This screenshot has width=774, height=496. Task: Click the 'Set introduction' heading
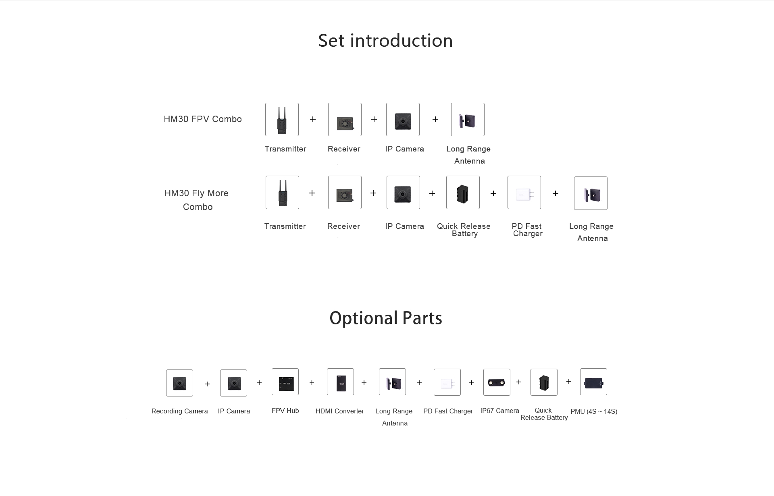(x=385, y=41)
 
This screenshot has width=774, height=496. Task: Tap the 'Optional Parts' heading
(x=386, y=318)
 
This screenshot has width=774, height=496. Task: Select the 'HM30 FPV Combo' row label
(x=203, y=119)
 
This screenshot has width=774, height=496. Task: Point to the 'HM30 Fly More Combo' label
(x=197, y=200)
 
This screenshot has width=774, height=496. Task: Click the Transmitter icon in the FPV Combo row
(x=282, y=119)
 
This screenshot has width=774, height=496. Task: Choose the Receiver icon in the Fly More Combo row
(x=345, y=193)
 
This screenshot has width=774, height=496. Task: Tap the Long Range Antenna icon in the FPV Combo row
(x=468, y=119)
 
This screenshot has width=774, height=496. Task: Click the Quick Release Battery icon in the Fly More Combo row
(x=463, y=193)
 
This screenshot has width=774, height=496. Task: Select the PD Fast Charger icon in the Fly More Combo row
(x=524, y=193)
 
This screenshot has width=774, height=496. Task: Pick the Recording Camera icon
(x=179, y=383)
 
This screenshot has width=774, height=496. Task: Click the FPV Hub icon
(x=285, y=382)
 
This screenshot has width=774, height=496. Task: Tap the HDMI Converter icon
(x=340, y=382)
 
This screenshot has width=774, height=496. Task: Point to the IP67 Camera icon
(x=497, y=382)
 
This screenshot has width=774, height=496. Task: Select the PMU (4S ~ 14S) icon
(x=593, y=382)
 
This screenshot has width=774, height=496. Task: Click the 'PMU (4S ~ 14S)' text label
(x=594, y=411)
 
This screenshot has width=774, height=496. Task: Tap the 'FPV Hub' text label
(x=285, y=411)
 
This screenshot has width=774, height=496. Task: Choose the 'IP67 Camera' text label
(x=499, y=411)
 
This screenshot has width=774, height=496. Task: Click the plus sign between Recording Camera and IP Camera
(x=207, y=384)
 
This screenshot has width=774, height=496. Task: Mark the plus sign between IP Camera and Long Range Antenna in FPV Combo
(x=435, y=119)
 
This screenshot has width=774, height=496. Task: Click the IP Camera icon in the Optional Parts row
(x=233, y=383)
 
